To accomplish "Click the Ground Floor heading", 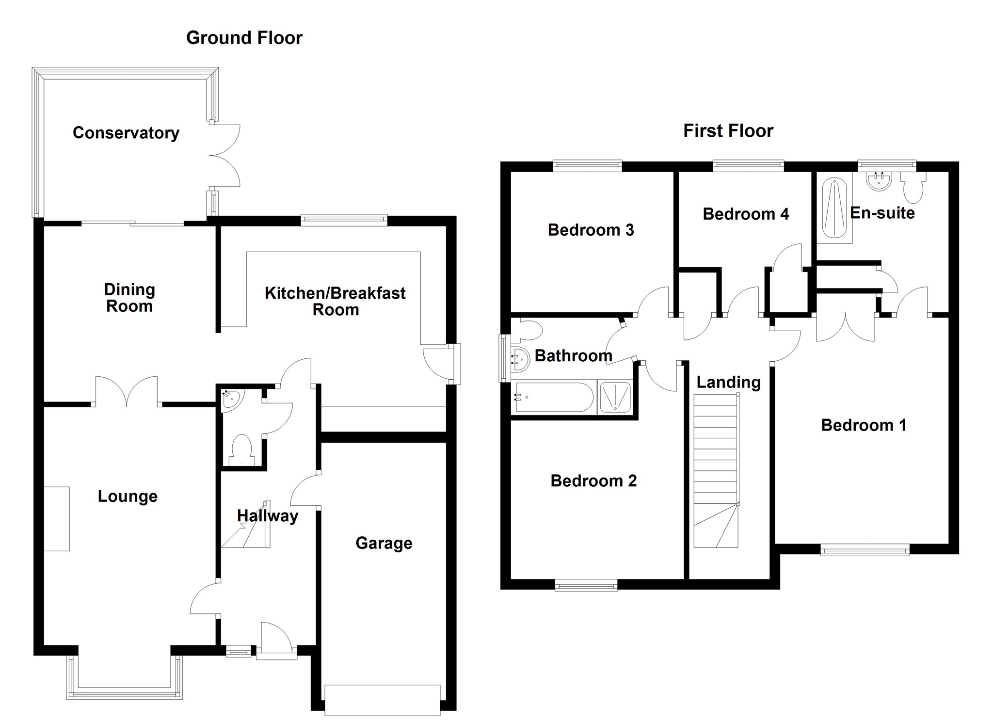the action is tap(244, 38).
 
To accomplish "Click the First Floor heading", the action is tap(728, 131).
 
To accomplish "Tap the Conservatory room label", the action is tap(126, 133).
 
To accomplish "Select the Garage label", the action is tap(384, 543).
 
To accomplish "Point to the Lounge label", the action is tap(128, 496).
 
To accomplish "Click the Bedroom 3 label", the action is tap(591, 230).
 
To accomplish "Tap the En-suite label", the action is tap(882, 213).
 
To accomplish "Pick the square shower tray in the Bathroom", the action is tap(615, 397).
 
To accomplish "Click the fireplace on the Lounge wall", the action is tap(57, 518).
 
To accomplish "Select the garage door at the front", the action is tap(383, 699).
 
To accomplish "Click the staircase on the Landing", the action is tap(716, 470).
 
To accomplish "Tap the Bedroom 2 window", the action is tap(586, 587).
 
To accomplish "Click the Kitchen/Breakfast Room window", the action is tap(344, 221).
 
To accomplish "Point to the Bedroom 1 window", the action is tap(865, 549).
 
